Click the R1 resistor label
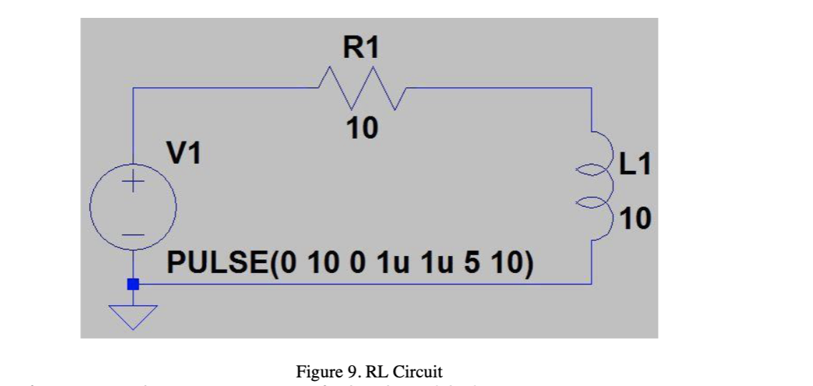(361, 48)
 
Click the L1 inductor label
(635, 165)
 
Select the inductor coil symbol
(600, 187)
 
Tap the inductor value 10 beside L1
(635, 218)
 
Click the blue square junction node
(132, 284)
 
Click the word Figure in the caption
(313, 372)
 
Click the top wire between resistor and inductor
(501, 88)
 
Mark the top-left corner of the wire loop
(133, 88)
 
